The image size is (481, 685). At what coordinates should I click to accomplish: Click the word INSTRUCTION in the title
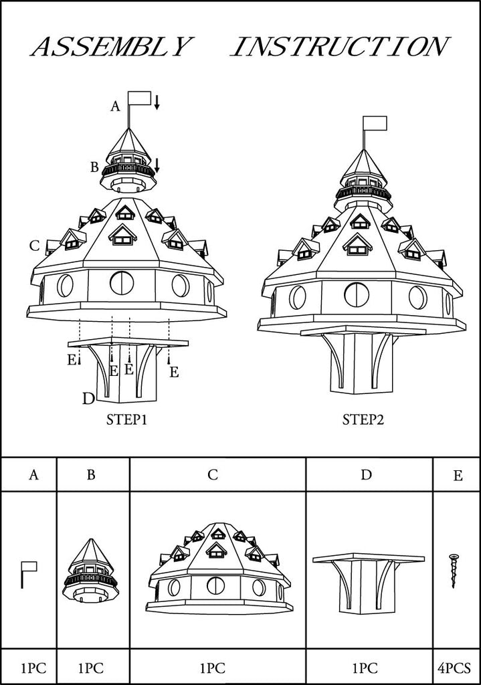340,47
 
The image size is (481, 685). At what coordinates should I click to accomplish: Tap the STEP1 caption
126,420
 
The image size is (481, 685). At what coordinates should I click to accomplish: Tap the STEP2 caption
363,420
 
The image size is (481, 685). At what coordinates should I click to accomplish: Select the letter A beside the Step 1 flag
115,106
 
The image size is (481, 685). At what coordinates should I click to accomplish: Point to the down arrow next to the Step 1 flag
157,102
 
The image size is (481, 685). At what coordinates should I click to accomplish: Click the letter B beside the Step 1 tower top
94,167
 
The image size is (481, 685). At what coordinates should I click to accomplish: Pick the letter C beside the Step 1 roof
35,246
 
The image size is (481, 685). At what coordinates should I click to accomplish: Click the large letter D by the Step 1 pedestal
89,399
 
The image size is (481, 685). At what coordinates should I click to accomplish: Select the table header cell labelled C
217,474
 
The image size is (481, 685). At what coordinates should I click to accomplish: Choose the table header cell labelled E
456,474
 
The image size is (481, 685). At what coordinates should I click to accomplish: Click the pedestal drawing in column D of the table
369,583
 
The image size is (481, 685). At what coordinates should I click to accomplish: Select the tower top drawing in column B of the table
91,570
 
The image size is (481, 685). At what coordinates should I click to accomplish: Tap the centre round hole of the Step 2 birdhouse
356,295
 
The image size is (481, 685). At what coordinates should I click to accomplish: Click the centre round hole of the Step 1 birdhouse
122,283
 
